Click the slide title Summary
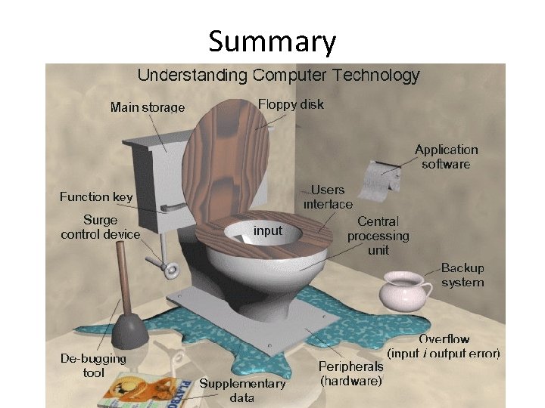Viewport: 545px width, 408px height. pos(272,42)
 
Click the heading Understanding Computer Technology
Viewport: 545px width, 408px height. pos(278,76)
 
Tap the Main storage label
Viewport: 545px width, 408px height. pos(148,107)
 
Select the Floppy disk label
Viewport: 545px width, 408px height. pos(291,104)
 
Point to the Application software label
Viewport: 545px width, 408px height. pos(447,156)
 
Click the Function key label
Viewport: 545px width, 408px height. pos(96,196)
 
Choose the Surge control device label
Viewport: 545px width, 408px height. pos(101,227)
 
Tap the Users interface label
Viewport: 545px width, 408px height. pos(328,197)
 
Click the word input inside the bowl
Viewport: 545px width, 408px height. pos(267,230)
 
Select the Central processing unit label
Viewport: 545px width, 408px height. pos(378,235)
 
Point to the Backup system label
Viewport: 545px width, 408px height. pos(462,274)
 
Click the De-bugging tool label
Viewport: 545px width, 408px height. pos(93,365)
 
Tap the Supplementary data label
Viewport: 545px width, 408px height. pos(242,390)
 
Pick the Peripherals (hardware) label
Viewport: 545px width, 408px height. pos(351,373)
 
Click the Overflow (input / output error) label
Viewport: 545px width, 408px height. pos(444,346)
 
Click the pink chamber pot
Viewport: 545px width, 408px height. pos(406,290)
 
